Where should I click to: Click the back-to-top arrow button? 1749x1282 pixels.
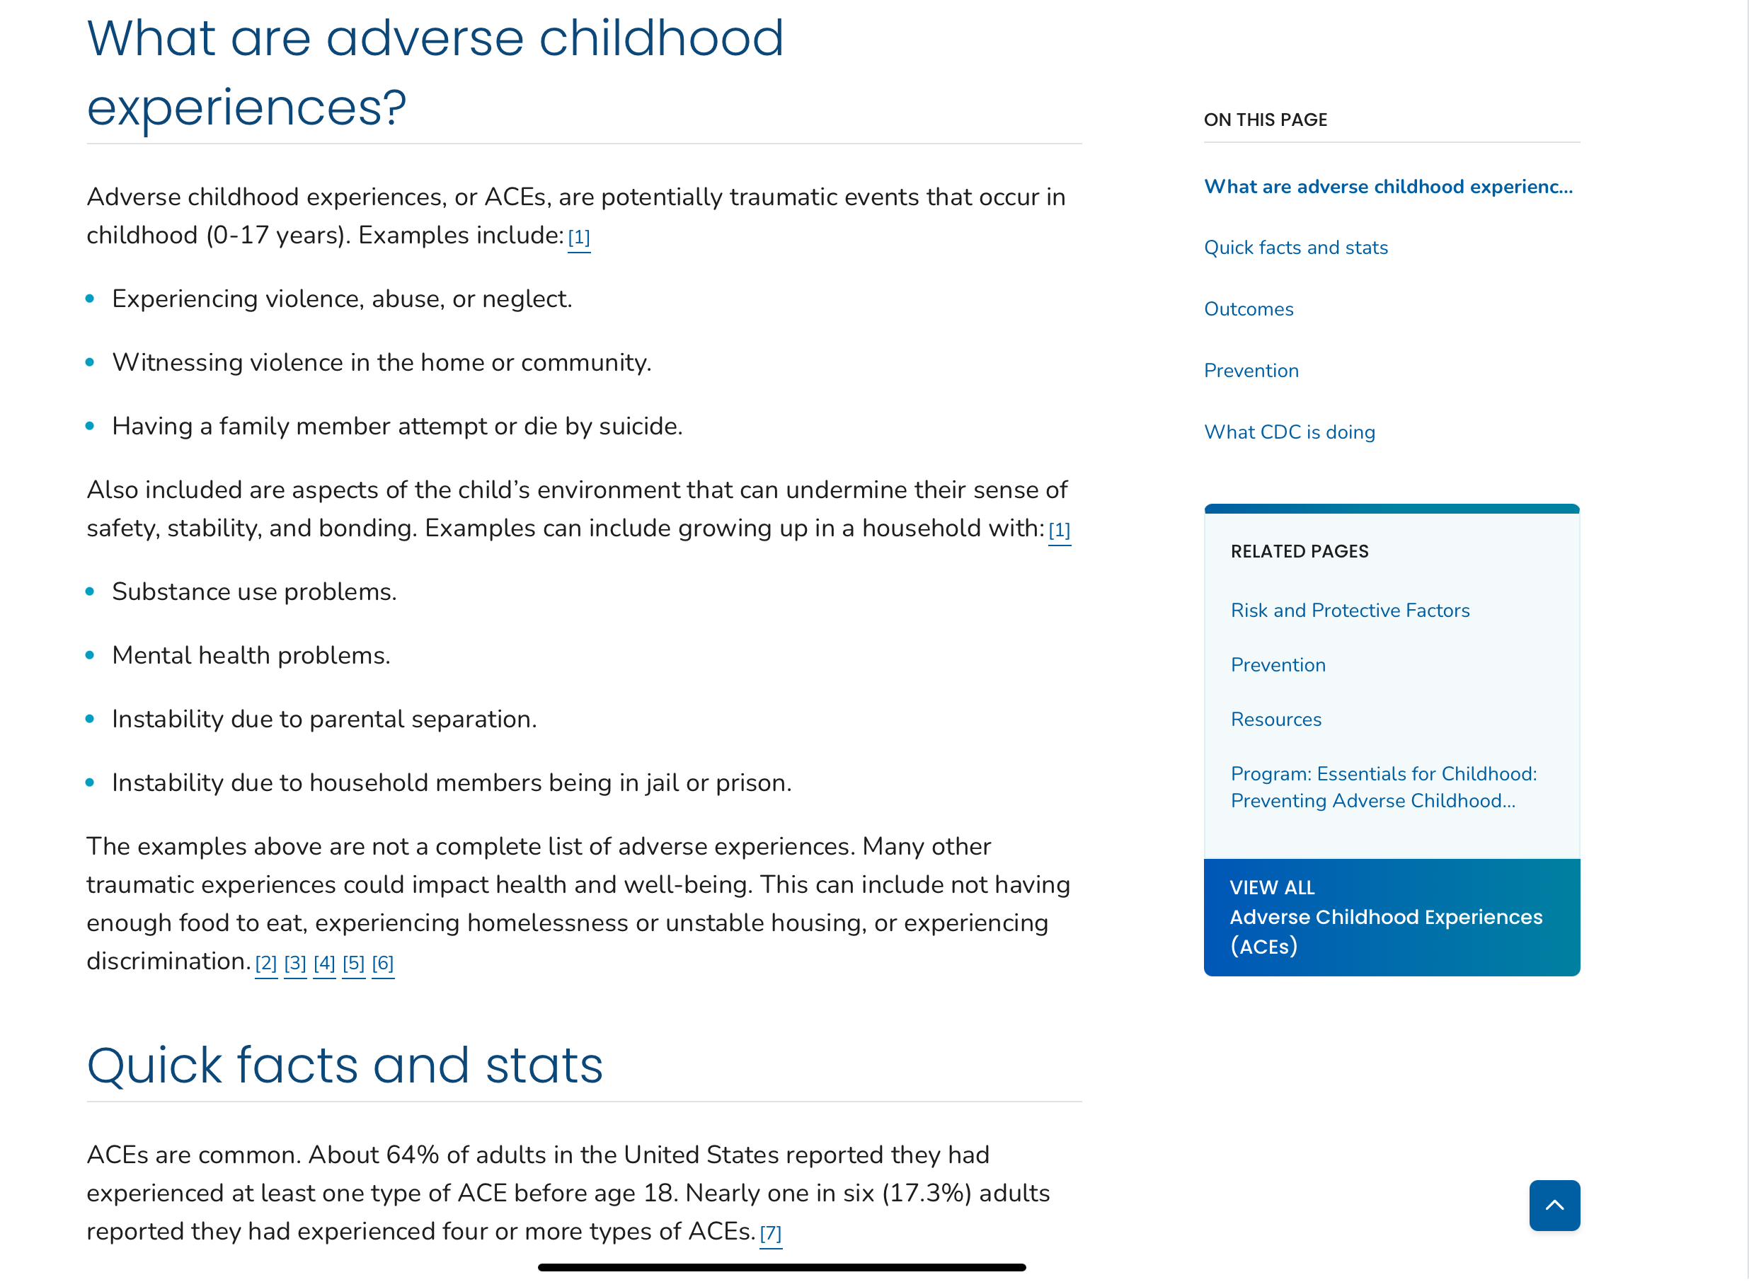point(1554,1204)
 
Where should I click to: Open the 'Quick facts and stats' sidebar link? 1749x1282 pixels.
point(1295,248)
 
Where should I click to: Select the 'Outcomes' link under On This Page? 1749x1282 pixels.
point(1249,309)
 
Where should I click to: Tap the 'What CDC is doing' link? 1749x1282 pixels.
point(1289,432)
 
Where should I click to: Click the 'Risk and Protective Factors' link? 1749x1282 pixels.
point(1349,611)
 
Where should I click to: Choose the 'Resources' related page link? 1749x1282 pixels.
point(1275,720)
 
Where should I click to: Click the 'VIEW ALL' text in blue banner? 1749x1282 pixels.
point(1271,887)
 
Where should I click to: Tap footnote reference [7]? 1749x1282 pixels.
point(770,1233)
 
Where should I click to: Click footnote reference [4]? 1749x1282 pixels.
point(324,963)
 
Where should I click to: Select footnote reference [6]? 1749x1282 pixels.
point(383,963)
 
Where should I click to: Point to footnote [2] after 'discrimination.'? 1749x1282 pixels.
point(266,963)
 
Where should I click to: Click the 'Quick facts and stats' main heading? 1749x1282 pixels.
point(345,1066)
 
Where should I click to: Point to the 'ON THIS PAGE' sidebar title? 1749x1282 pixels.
point(1265,120)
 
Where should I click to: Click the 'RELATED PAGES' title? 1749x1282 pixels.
point(1299,551)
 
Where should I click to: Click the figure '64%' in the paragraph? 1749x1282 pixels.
point(412,1155)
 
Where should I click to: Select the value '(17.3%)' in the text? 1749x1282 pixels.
point(927,1193)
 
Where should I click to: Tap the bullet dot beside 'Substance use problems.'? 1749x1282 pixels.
point(90,591)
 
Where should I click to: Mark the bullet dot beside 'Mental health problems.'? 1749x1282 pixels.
point(90,655)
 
